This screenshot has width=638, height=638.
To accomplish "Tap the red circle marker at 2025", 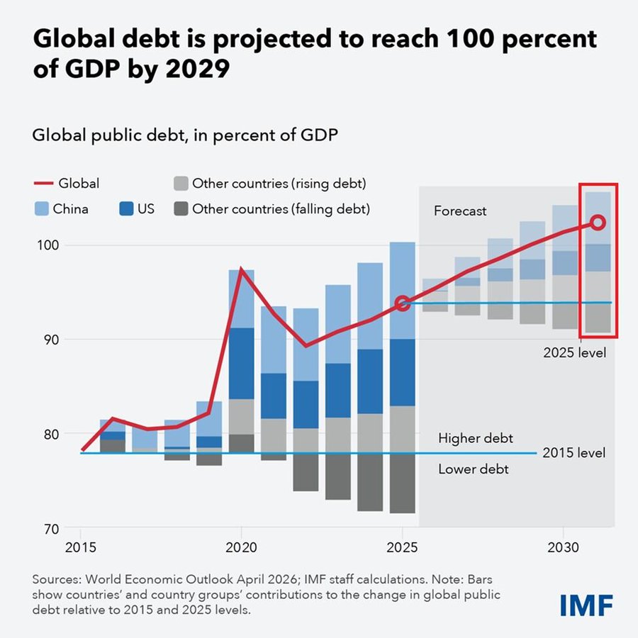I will click(403, 303).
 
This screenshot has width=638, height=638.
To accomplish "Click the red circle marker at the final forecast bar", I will click(598, 223).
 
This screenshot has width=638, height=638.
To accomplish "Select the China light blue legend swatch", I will click(42, 208).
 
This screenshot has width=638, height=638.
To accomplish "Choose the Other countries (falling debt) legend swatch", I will click(181, 208).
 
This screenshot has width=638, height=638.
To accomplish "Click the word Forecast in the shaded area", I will click(460, 211).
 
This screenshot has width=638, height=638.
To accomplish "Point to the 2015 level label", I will click(573, 453).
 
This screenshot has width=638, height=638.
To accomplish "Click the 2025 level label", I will click(574, 352).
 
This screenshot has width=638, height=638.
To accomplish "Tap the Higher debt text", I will click(475, 438).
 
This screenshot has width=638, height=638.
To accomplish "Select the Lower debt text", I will click(474, 469).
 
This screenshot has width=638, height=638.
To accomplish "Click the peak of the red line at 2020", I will click(242, 269).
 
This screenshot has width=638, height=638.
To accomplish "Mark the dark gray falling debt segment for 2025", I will click(403, 483).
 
